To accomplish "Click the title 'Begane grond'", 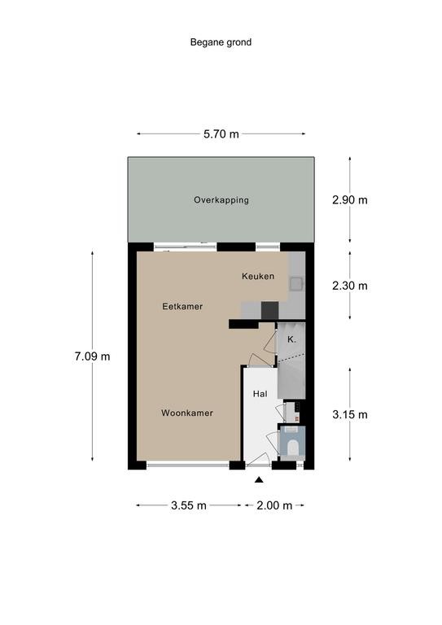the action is (x=221, y=42).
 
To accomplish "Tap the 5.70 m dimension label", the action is (x=221, y=134).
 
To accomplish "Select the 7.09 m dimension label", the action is (x=92, y=356).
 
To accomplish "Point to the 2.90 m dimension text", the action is (x=350, y=199).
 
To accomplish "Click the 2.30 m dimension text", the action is (x=350, y=286).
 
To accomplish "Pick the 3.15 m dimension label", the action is (x=350, y=414).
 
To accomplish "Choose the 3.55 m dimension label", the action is (x=189, y=505).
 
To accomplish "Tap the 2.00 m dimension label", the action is (x=274, y=505).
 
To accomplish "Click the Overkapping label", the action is (x=221, y=200).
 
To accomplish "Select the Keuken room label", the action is (x=258, y=276).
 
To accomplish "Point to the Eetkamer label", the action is (x=182, y=307).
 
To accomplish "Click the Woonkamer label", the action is (x=187, y=413).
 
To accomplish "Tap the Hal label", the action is (x=260, y=394).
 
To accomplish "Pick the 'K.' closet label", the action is (x=291, y=339).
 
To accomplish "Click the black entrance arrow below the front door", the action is (x=259, y=479).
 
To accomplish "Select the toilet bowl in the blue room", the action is (x=293, y=448).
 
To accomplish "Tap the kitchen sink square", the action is (x=296, y=283).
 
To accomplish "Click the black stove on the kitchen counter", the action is (x=269, y=310).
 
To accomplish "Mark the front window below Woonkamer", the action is (x=188, y=465).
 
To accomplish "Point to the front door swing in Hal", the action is (x=258, y=458).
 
